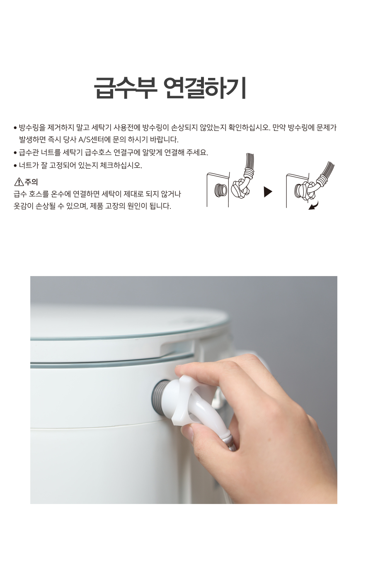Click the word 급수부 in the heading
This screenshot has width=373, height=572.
[125, 87]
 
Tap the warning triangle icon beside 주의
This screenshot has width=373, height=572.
[19, 182]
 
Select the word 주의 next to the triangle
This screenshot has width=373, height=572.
[31, 182]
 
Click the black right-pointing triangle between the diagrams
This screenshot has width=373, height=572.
[268, 192]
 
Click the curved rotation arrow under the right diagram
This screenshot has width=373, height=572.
[314, 205]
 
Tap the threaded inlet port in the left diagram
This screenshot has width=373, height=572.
[221, 190]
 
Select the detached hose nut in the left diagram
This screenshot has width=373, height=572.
[239, 188]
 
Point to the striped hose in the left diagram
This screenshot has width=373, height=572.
[249, 163]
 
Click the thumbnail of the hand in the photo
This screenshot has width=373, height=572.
[188, 433]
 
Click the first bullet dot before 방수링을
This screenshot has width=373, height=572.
[15, 127]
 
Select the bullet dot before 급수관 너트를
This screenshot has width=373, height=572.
[15, 153]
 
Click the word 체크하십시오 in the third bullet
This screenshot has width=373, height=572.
[121, 165]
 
